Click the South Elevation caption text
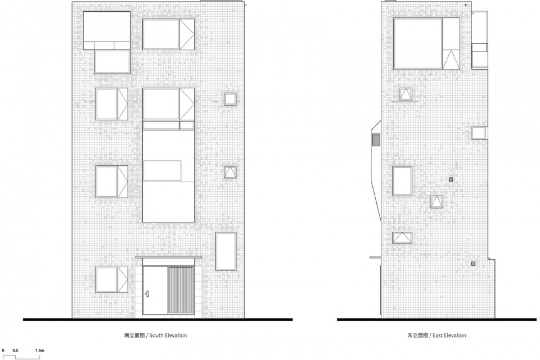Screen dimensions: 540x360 pos(156,335)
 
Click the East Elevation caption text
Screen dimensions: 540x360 pos(436,335)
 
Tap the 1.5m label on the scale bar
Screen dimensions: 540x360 pos(40,350)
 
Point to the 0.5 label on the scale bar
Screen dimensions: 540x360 pos(16,350)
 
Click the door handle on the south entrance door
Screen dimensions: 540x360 pos(147,294)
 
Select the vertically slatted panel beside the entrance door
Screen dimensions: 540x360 pos(181,290)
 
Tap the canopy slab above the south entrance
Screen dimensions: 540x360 pos(168,257)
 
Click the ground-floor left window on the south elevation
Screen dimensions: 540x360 pos(112,280)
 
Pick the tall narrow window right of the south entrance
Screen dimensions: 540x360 pos(226,251)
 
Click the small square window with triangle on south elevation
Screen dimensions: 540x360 pos(230,172)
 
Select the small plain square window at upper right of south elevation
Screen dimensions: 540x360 pos(230,99)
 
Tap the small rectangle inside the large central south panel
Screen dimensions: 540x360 pos(162,170)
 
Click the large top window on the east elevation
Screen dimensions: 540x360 pos(427,43)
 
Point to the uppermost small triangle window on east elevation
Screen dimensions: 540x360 pos(406,94)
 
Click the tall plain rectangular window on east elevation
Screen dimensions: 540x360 pos(402,181)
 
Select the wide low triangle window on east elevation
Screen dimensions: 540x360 pos(402,238)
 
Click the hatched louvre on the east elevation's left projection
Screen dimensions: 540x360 pos(376,140)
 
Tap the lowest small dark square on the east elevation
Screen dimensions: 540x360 pos(473,264)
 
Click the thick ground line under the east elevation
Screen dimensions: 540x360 pos(438,319)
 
